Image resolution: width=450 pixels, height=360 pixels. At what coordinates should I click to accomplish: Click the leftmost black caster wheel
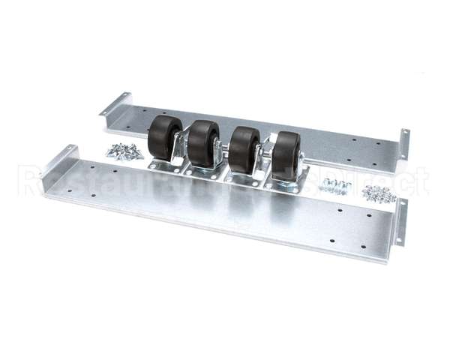click(x=164, y=136)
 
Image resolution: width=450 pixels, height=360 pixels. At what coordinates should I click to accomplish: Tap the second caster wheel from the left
click(x=202, y=142)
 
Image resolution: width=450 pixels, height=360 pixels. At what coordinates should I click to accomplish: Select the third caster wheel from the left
click(x=244, y=148)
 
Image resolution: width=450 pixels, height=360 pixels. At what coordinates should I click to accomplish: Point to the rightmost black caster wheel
click(x=286, y=155)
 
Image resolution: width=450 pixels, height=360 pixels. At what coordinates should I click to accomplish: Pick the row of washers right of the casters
click(x=334, y=186)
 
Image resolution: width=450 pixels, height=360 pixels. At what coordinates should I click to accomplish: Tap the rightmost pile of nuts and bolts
click(x=379, y=193)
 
